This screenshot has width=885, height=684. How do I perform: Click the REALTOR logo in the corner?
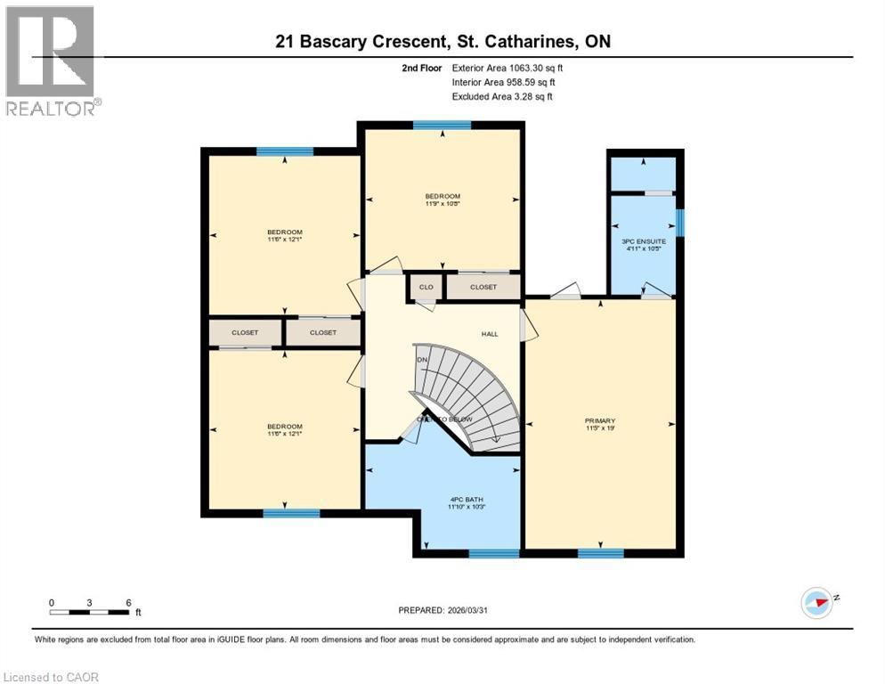tap(53, 61)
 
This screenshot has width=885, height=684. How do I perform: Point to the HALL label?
tap(490, 334)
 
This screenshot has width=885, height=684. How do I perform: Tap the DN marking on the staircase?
tap(423, 360)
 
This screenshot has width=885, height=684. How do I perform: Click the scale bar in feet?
tap(90, 611)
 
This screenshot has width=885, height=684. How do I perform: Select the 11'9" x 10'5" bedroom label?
tap(442, 200)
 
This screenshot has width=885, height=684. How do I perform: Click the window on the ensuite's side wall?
tap(679, 223)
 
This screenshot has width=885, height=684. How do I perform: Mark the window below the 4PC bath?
tap(493, 553)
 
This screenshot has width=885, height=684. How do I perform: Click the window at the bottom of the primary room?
tap(600, 553)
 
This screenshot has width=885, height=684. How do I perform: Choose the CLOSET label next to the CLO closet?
tap(483, 287)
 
